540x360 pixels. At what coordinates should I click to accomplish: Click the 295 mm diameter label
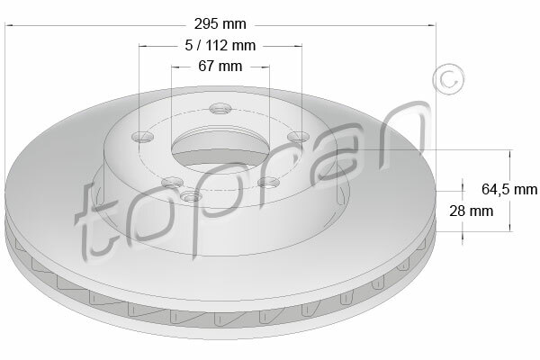click(x=220, y=24)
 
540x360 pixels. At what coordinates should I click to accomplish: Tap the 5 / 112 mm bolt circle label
click(x=220, y=45)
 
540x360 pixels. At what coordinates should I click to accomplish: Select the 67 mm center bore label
click(x=220, y=66)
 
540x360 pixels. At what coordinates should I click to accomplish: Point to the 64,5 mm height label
click(x=509, y=189)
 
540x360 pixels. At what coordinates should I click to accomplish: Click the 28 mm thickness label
click(x=471, y=211)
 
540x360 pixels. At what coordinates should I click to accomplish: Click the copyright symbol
click(x=448, y=79)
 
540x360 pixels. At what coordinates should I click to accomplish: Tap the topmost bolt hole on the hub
click(x=220, y=109)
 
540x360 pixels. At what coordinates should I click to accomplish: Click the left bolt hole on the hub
click(x=142, y=137)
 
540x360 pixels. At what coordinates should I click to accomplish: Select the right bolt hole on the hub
click(x=298, y=137)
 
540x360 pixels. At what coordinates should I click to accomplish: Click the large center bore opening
click(x=220, y=148)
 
